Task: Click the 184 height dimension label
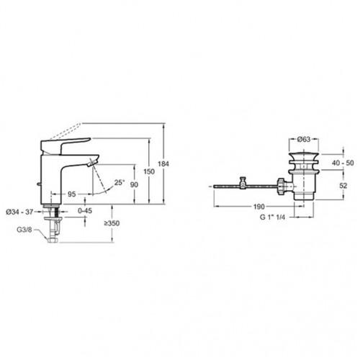coord(163,164)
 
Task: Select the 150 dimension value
coord(149,171)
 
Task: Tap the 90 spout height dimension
coord(134,184)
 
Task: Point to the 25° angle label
coord(120,183)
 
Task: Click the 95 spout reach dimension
coord(71,194)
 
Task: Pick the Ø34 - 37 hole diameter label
coord(19,212)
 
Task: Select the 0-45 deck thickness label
coord(85,211)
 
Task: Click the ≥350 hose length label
coord(112,223)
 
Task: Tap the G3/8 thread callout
coord(24,230)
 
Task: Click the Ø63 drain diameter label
coord(304,139)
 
